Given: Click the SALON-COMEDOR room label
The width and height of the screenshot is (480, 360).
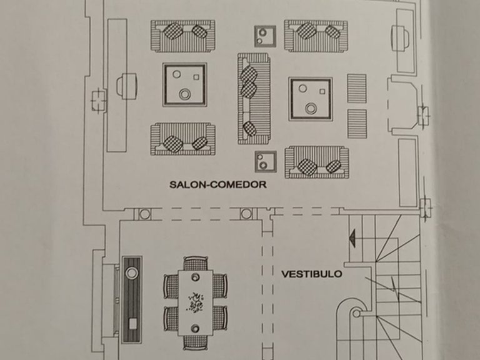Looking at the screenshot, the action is (x=218, y=184).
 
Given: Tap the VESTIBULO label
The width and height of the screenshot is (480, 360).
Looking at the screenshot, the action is (x=312, y=274).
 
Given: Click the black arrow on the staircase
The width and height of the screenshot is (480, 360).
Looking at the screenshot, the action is (x=352, y=237).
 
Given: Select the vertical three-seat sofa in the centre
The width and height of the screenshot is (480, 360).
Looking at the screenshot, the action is (x=254, y=98).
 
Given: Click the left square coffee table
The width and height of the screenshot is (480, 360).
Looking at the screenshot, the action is (x=185, y=85).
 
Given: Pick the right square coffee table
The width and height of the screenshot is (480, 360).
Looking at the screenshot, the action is (x=311, y=99).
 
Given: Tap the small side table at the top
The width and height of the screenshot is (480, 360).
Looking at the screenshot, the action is (x=265, y=36).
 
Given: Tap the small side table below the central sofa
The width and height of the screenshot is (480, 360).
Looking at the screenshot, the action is (x=266, y=161).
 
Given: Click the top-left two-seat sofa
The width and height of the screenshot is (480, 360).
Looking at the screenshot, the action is (x=182, y=36).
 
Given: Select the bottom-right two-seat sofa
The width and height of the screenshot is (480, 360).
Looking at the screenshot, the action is (x=316, y=162).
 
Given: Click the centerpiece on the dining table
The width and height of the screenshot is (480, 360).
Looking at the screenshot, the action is (x=195, y=303).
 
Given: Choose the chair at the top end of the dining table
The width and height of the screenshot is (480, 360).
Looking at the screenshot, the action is (x=196, y=264).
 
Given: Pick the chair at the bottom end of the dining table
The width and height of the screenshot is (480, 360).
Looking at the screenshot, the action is (x=195, y=342).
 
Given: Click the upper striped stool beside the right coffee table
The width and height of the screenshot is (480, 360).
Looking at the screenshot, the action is (x=357, y=89).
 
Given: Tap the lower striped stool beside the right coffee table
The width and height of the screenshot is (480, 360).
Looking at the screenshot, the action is (x=357, y=124).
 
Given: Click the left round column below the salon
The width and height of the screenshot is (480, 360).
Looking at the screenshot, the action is (x=145, y=214).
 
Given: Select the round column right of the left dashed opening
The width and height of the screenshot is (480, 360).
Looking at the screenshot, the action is (x=246, y=214).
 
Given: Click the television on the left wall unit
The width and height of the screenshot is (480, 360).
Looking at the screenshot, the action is (x=126, y=86).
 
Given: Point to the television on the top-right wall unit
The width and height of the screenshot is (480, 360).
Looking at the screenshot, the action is (x=400, y=38).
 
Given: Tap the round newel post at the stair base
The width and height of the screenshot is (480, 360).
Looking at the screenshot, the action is (x=356, y=314).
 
